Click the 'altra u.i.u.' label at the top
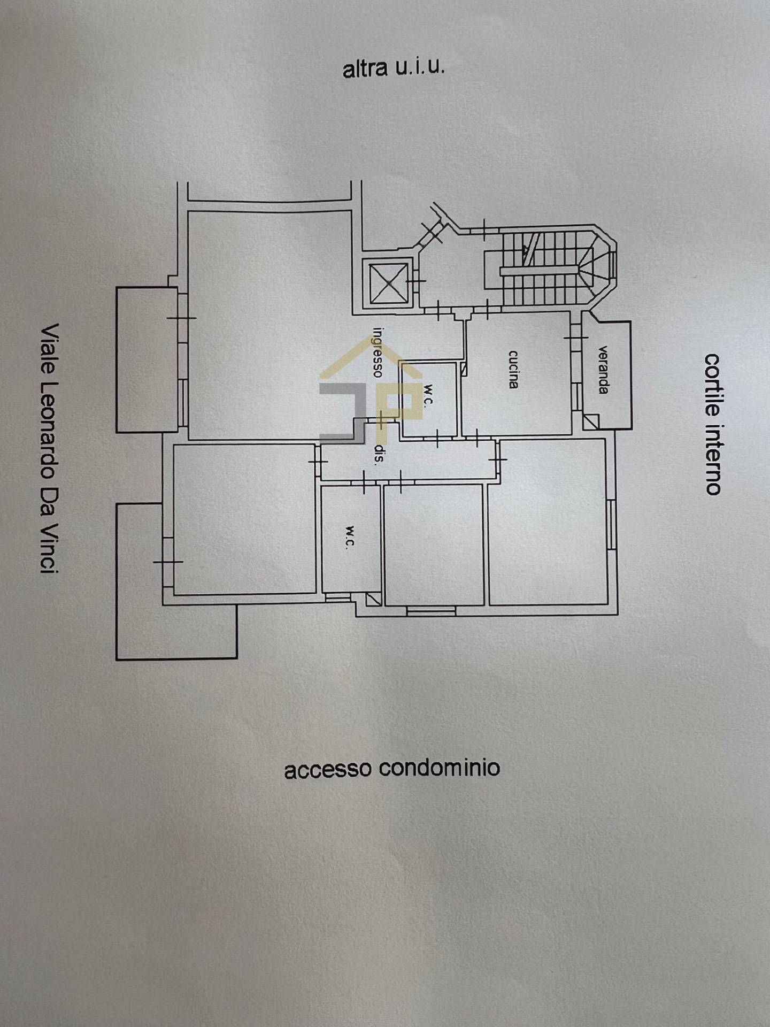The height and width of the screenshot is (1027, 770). pos(393,69)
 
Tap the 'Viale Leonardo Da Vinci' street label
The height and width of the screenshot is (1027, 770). pos(50,448)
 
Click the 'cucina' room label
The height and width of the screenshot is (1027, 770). pos(513,369)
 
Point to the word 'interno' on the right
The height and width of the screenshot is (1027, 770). pos(713,459)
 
